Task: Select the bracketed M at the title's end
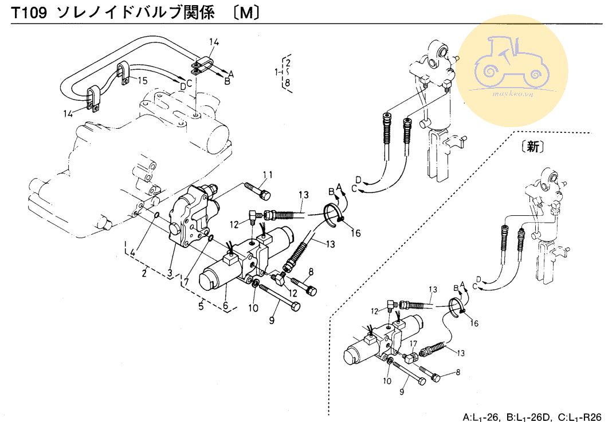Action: pyautogui.click(x=247, y=13)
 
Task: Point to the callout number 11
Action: pyautogui.click(x=268, y=175)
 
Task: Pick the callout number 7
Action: pyautogui.click(x=186, y=282)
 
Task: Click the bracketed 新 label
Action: pyautogui.click(x=533, y=147)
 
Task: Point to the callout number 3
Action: pyautogui.click(x=170, y=273)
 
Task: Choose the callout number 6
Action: pyautogui.click(x=226, y=306)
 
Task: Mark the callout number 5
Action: pyautogui.click(x=201, y=306)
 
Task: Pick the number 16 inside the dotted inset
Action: pyautogui.click(x=474, y=323)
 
